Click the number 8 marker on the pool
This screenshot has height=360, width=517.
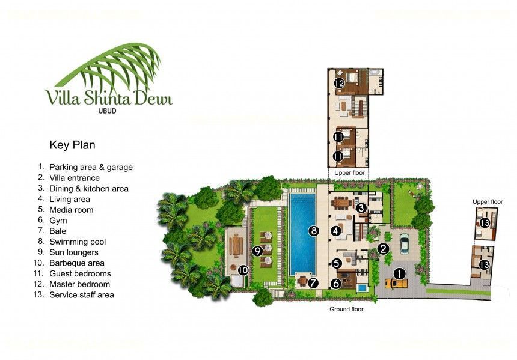314,231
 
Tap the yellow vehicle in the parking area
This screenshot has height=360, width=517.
397,283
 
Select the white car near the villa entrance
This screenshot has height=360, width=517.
404,243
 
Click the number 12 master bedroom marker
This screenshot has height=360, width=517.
339,83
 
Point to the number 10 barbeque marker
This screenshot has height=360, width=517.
243,270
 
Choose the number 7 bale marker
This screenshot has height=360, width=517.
313,282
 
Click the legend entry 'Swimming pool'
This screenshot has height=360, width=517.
78,242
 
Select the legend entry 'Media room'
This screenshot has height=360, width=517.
71,210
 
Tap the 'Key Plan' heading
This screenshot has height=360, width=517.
72,145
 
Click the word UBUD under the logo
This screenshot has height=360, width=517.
108,111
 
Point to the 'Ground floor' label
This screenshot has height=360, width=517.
346,310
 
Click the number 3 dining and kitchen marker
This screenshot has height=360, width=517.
361,208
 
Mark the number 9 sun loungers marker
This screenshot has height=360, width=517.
257,251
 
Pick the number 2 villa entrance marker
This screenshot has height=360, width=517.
383,249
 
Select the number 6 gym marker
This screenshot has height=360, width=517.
335,283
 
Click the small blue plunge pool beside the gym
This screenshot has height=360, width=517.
362,288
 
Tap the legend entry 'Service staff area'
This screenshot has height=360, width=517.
81,294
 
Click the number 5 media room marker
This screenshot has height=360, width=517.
336,263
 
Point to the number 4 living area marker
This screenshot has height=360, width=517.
335,231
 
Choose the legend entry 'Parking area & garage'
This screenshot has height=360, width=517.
91,168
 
